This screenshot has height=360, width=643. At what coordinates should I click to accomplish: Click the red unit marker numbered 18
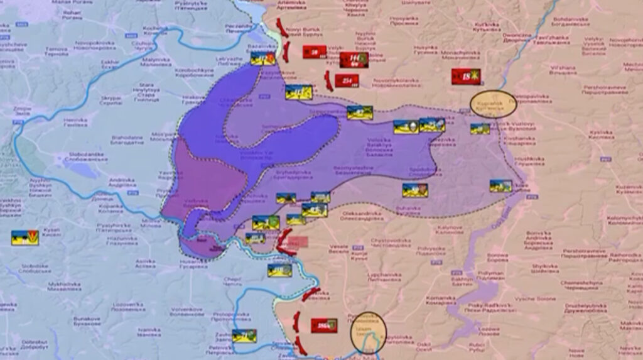coord(465,77)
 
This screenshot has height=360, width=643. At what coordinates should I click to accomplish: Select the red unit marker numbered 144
coord(354,60)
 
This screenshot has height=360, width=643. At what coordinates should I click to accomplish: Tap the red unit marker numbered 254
coord(347,80)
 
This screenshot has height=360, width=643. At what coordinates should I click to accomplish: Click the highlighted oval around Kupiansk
coord(494,105)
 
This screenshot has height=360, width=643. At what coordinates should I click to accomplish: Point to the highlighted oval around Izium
coord(368,332)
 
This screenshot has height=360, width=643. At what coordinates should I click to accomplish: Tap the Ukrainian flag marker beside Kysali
coord(25,237)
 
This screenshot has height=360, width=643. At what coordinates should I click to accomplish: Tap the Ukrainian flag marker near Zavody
coord(244,335)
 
